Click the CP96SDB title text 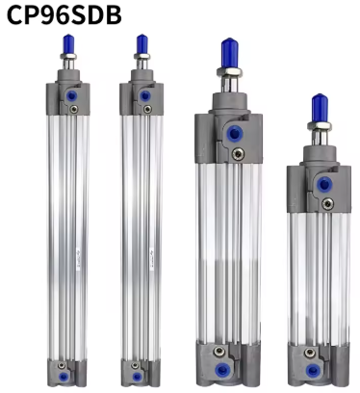[64, 14]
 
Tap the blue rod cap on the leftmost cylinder [68, 44]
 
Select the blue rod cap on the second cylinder [142, 44]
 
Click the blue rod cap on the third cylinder [230, 53]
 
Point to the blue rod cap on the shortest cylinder [320, 108]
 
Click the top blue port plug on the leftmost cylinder [71, 95]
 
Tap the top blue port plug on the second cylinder [145, 95]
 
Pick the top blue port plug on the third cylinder [235, 134]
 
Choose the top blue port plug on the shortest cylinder [324, 184]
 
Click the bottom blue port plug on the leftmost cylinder [64, 377]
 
